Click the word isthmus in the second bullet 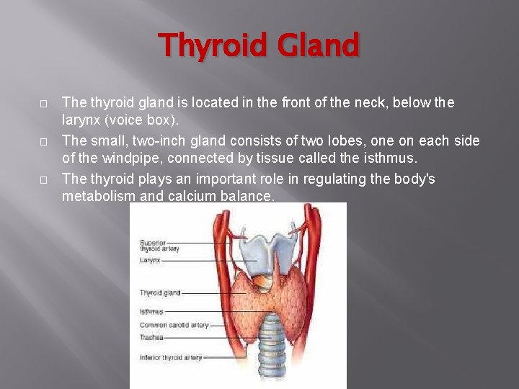point(389,158)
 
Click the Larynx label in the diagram point(150,259)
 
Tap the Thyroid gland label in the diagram point(160,293)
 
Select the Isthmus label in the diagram point(151,312)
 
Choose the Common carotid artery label point(174,325)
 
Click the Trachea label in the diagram point(151,337)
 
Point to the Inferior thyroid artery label point(171,357)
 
